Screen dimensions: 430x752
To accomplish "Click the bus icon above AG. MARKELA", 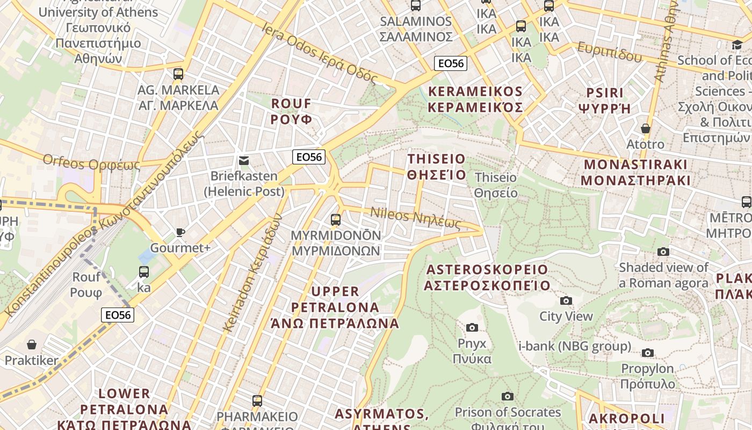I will click(178, 74).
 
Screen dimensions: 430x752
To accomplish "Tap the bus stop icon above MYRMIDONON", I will click(336, 220).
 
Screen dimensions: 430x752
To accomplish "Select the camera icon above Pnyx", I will click(472, 327).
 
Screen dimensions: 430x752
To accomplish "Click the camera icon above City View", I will click(566, 300).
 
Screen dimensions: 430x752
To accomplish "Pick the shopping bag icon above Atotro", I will click(646, 128).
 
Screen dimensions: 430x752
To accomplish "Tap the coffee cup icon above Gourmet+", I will click(180, 232).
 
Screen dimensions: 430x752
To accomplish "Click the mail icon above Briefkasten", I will click(244, 160).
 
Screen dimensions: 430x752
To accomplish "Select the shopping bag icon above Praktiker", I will click(32, 344).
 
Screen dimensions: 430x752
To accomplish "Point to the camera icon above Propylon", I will click(648, 353).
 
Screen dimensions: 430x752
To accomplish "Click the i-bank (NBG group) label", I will click(575, 346).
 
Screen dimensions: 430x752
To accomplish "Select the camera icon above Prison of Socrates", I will click(508, 396).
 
